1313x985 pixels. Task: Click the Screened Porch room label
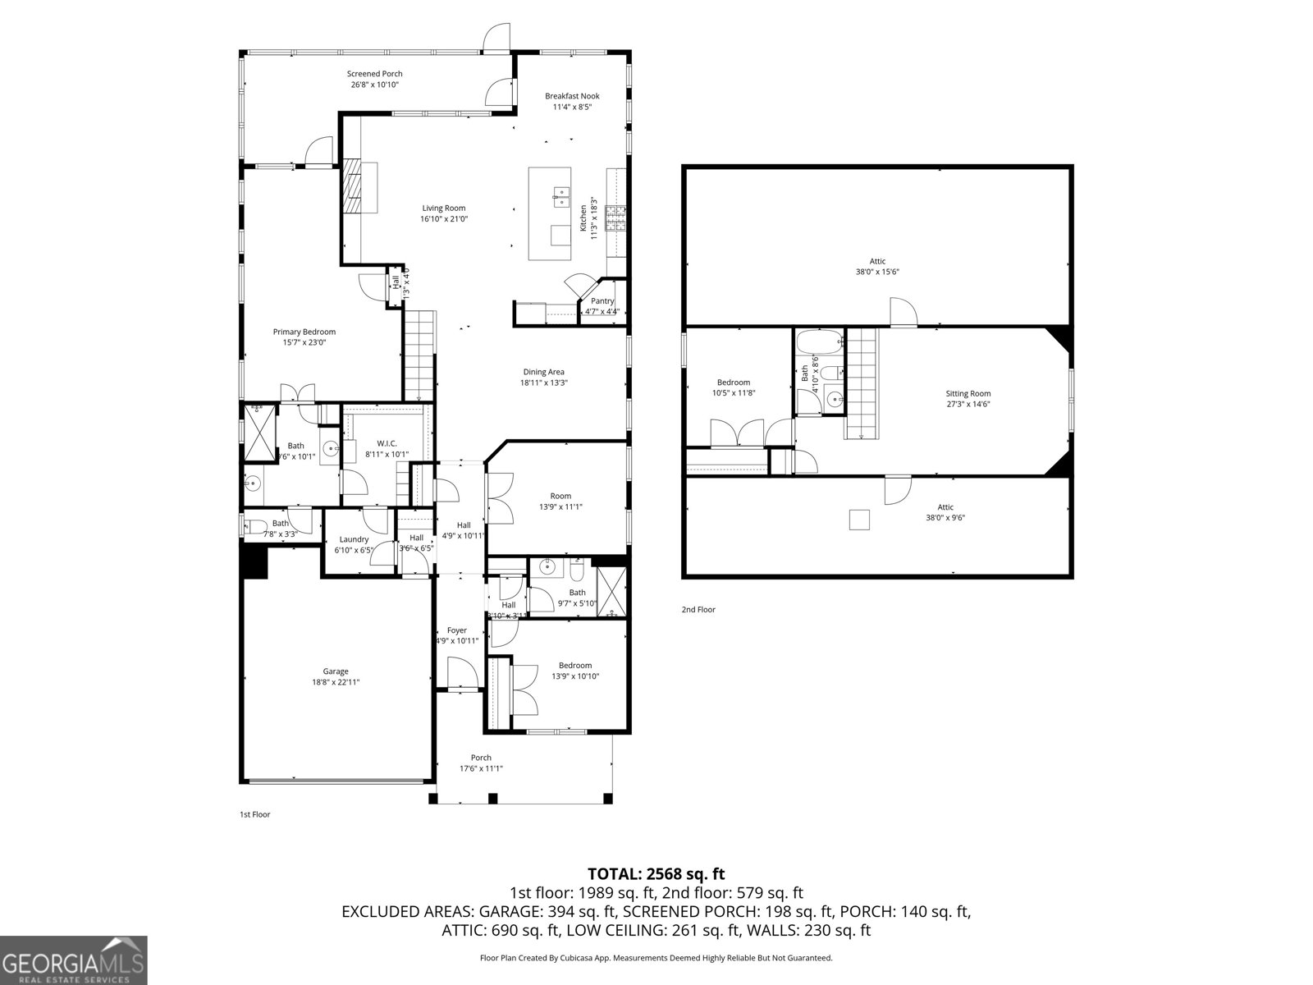click(374, 74)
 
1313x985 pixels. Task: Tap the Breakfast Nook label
click(572, 96)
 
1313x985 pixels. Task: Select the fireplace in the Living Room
click(352, 187)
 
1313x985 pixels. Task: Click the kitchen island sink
click(561, 195)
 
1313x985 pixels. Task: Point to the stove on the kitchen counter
click(615, 217)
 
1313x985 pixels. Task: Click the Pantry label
click(602, 301)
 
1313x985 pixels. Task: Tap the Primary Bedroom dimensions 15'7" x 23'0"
click(304, 342)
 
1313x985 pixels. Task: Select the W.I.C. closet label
click(387, 443)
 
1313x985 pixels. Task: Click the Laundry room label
click(354, 539)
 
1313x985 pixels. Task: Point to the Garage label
click(335, 671)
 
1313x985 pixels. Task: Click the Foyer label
click(456, 630)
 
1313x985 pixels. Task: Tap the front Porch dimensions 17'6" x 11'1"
click(481, 769)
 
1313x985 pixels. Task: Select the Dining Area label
click(543, 372)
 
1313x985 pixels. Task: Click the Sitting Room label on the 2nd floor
click(968, 393)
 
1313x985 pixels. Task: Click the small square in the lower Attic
click(859, 520)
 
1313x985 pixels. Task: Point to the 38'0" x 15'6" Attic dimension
click(877, 272)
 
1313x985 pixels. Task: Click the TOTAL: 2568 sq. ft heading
click(656, 874)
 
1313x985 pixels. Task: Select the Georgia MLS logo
click(74, 960)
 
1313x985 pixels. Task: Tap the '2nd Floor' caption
click(698, 610)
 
